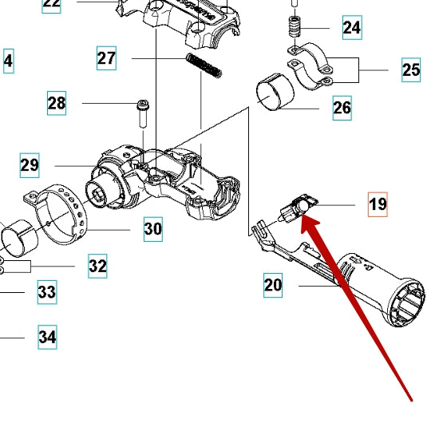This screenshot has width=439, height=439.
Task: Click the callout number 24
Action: [x=351, y=28]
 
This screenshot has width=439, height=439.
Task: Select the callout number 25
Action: [x=410, y=70]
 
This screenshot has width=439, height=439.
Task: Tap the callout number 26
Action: [x=342, y=107]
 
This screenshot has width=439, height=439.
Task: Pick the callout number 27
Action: [x=107, y=58]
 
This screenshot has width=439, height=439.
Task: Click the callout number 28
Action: [x=57, y=103]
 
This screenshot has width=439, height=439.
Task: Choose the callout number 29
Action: [x=30, y=165]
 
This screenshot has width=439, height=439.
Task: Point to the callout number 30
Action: [x=153, y=229]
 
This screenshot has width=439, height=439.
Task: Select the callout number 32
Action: [x=97, y=266]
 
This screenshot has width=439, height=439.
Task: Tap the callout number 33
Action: [x=47, y=292]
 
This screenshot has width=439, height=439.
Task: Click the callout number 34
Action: [x=47, y=337]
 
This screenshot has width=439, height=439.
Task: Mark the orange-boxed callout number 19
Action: [x=378, y=204]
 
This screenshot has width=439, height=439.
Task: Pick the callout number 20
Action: [x=274, y=284]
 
